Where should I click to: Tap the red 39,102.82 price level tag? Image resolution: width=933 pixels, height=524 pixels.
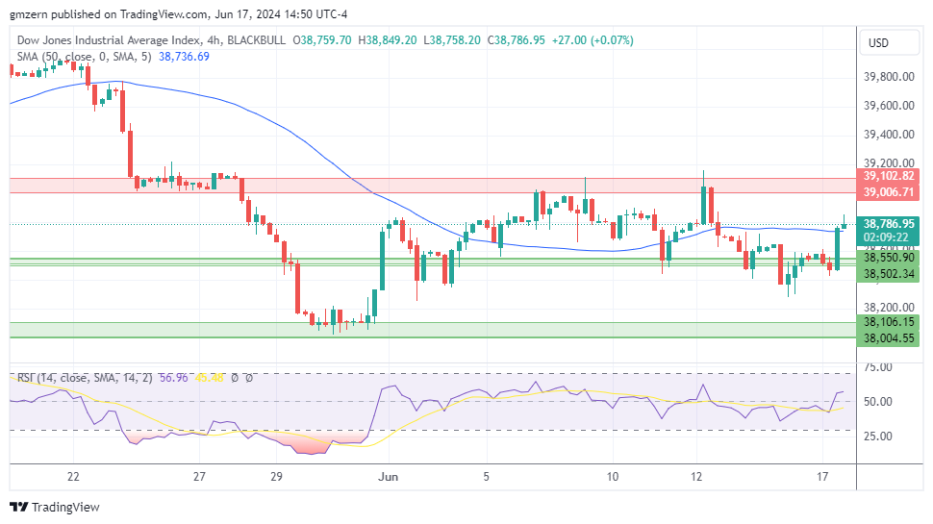point(889,177)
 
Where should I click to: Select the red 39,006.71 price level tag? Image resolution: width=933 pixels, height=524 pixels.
point(889,193)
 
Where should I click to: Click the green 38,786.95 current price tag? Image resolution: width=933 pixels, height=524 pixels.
point(889,223)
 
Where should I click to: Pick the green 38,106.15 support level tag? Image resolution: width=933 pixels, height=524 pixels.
point(889,322)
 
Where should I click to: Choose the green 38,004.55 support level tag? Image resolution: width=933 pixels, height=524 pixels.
point(889,337)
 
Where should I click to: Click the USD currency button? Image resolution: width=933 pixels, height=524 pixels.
point(879,43)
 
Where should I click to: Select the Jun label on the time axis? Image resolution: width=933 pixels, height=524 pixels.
point(389,476)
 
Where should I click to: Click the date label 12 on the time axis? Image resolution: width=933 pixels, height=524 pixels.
point(697,476)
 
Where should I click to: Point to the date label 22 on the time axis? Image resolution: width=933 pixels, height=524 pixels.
point(73,476)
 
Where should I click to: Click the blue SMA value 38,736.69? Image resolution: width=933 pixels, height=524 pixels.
point(184,57)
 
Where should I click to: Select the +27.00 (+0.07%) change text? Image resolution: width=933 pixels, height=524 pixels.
point(593,40)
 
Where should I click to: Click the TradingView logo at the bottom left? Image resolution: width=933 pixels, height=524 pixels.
point(55,507)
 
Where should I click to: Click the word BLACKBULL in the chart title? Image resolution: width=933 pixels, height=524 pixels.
point(259,40)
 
